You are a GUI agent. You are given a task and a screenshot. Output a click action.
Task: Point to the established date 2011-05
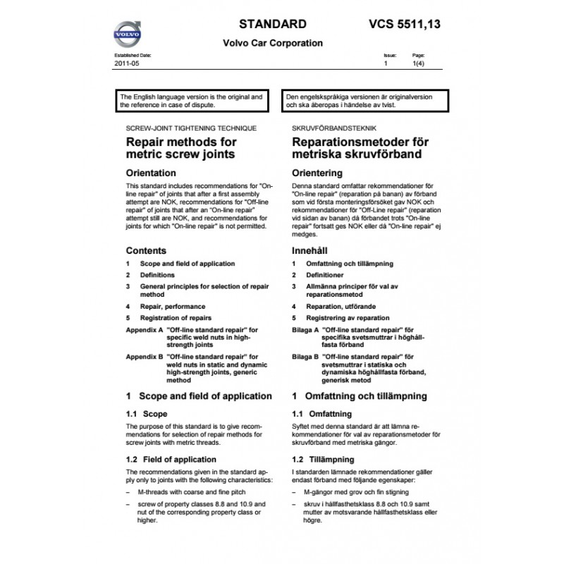coord(124,63)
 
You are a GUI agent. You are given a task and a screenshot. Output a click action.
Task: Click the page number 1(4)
coord(417,63)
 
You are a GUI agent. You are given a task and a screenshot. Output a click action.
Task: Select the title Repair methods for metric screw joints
coord(180,147)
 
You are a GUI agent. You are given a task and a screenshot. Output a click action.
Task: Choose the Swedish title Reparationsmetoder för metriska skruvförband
coord(360,147)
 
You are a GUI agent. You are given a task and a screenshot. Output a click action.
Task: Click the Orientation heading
coord(150,172)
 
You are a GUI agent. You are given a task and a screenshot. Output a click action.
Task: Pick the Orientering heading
coord(317,173)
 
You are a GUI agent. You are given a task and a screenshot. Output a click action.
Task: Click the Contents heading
coord(146,250)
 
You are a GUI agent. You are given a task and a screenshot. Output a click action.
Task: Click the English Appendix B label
coord(145,357)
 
